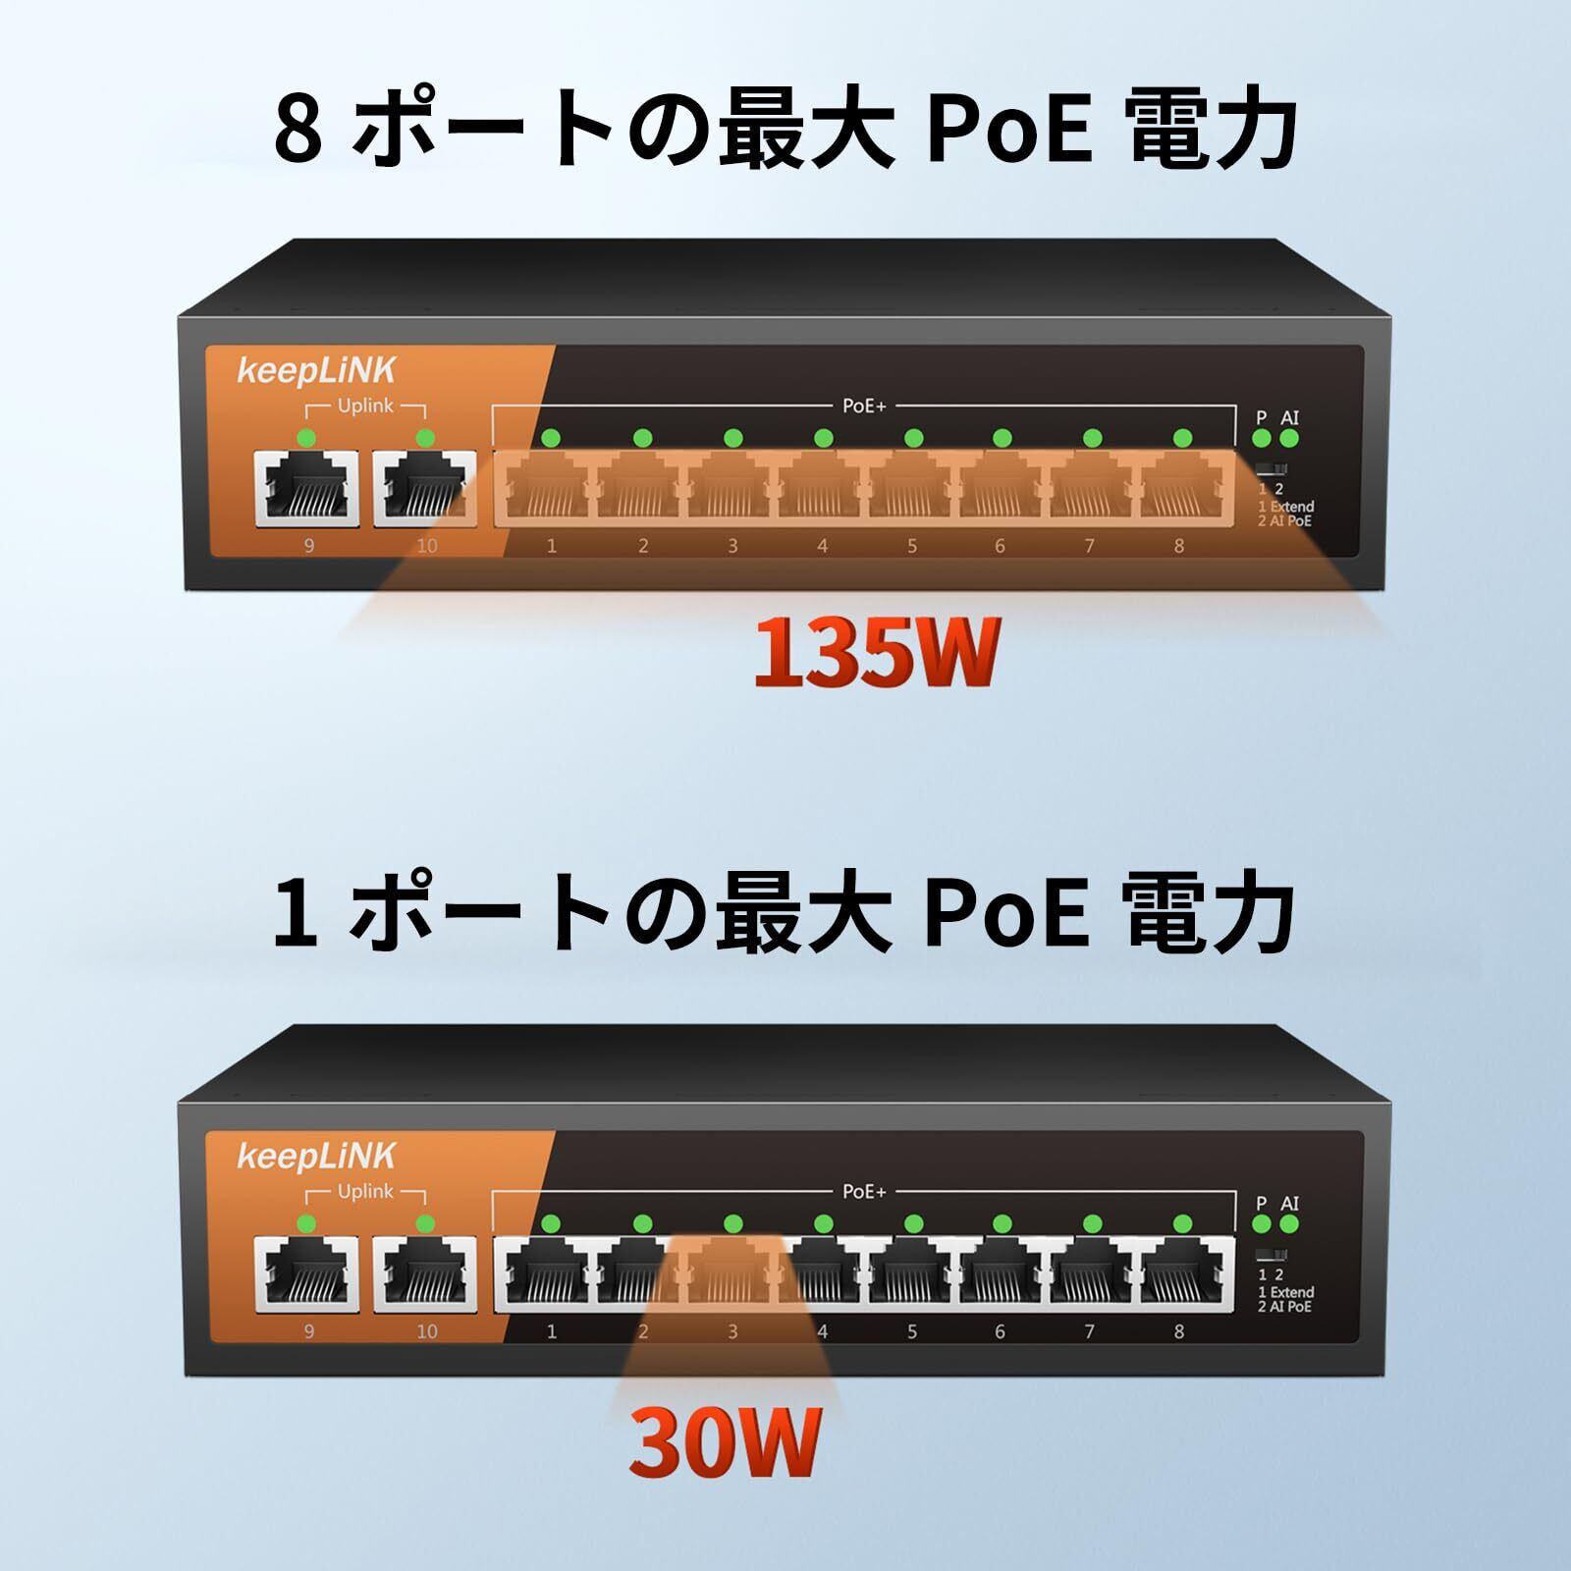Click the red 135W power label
[876, 652]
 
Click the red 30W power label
[725, 1442]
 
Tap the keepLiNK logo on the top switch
[316, 370]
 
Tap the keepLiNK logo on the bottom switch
[316, 1156]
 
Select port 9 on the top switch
[306, 488]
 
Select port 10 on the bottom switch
[425, 1273]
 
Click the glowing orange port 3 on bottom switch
[731, 1273]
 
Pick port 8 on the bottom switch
[1186, 1273]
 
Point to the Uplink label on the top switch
[365, 406]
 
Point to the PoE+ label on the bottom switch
[864, 1191]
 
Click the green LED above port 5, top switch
[913, 438]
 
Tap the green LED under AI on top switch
[1289, 439]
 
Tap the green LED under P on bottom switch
[1263, 1224]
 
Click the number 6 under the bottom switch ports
[1000, 1331]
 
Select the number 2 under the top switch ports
[643, 546]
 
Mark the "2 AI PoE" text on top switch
[1284, 520]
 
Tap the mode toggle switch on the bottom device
[1272, 1254]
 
